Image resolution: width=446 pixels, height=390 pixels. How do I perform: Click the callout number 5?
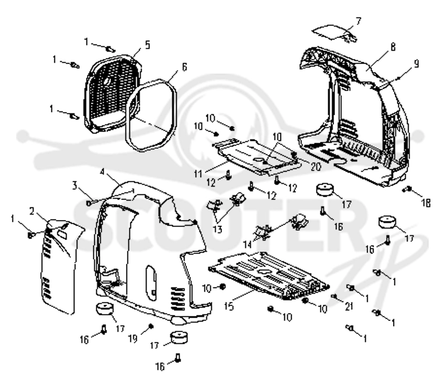click(147, 45)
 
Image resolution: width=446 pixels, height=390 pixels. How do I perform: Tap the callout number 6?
click(185, 67)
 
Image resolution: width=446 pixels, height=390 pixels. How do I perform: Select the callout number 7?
click(358, 21)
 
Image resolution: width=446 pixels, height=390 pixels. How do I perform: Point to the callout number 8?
click(393, 47)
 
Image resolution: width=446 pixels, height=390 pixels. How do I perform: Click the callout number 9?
click(416, 64)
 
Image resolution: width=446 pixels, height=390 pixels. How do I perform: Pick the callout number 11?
click(198, 174)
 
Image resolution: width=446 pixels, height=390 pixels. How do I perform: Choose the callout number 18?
click(426, 203)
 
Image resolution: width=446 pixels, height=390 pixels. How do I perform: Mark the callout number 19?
click(133, 339)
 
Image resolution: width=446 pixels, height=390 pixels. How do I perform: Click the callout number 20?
click(316, 167)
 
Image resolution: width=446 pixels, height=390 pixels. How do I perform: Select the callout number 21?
click(349, 306)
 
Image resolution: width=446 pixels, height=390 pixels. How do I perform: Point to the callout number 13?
click(217, 229)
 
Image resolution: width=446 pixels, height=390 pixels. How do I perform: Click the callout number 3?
click(75, 186)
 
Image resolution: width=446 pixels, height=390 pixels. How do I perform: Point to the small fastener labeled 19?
click(151, 326)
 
